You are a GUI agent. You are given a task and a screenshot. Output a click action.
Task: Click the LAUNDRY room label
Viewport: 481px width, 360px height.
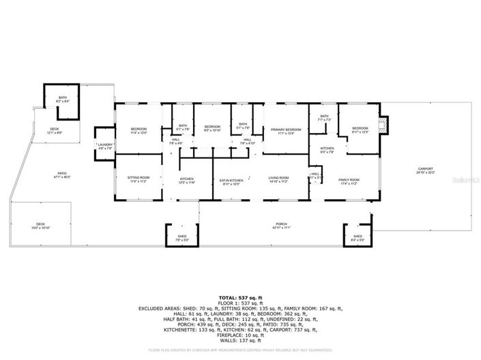point(105,145)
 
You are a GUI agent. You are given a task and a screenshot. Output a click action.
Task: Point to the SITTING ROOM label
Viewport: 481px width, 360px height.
point(138,178)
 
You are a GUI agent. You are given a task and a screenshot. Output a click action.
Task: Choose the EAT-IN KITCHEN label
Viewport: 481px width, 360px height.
point(232,180)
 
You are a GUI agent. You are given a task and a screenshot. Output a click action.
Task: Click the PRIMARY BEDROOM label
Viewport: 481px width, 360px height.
point(285,129)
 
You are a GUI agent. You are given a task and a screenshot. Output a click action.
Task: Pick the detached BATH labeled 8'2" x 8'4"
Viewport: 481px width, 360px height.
point(63,98)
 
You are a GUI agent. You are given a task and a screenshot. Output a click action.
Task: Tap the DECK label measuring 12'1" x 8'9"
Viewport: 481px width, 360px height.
point(54,129)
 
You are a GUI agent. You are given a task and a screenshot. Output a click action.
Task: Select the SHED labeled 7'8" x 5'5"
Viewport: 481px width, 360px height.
point(182,237)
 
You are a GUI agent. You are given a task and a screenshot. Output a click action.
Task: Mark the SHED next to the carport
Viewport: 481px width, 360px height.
point(358,237)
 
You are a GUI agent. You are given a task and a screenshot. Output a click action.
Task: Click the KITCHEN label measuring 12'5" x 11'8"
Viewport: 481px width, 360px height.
point(187,180)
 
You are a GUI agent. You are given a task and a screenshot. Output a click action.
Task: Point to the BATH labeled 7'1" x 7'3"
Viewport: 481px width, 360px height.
point(324,117)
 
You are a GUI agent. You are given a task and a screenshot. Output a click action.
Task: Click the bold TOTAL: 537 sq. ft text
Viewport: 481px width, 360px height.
point(240,298)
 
